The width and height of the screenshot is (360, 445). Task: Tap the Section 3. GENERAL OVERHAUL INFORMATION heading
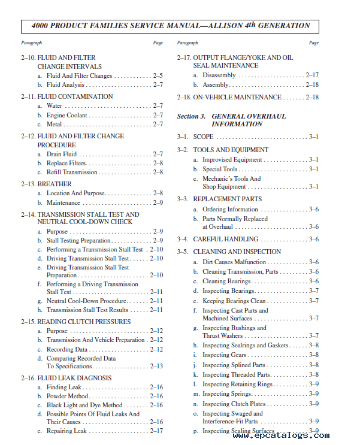(x=231, y=120)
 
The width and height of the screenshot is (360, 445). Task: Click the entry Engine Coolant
(x=67, y=115)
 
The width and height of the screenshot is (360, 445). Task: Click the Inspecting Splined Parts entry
(x=234, y=365)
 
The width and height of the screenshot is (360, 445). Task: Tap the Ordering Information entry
(x=230, y=209)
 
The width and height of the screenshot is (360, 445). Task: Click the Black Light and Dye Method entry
(x=84, y=405)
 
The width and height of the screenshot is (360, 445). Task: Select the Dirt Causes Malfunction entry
(x=234, y=262)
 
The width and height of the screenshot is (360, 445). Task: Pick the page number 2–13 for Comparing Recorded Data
(x=156, y=366)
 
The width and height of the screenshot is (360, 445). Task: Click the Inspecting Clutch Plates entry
(x=234, y=404)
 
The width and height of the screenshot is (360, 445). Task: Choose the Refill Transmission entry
(x=72, y=172)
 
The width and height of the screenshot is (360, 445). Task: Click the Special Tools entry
(x=220, y=169)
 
